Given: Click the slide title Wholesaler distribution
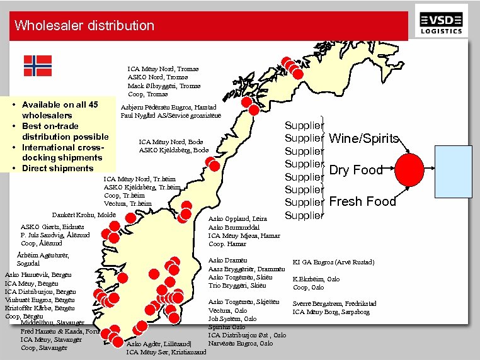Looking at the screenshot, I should [x=84, y=26].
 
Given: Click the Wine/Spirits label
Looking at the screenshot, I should [x=363, y=138].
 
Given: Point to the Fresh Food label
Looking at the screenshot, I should [x=363, y=202].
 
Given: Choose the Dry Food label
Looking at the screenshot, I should [x=356, y=170].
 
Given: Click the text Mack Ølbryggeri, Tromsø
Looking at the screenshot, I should [x=164, y=86].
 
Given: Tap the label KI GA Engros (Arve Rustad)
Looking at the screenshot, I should [x=333, y=262].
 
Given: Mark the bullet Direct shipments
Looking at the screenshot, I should [x=57, y=168].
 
